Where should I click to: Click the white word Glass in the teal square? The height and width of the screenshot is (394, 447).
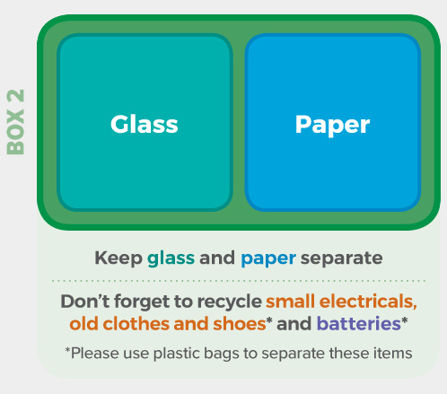(145, 124)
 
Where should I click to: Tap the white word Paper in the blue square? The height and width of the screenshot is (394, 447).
(332, 125)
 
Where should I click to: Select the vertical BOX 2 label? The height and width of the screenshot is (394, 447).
(15, 122)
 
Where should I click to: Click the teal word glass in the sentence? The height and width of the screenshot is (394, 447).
(171, 258)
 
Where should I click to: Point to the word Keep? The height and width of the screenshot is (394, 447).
(118, 258)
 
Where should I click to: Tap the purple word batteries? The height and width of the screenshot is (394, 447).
(359, 323)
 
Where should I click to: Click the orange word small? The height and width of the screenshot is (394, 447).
(290, 302)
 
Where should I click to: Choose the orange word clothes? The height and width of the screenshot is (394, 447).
(136, 323)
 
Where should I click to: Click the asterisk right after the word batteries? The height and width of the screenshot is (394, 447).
(405, 320)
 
